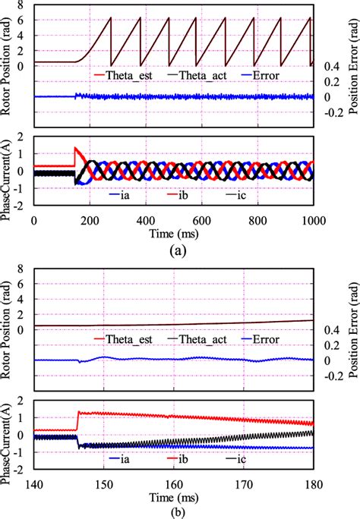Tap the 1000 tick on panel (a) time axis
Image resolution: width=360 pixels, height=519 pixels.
(313, 221)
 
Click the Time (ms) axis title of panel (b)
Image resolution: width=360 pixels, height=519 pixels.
(174, 498)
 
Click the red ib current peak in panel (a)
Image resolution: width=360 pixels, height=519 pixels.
(75, 148)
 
